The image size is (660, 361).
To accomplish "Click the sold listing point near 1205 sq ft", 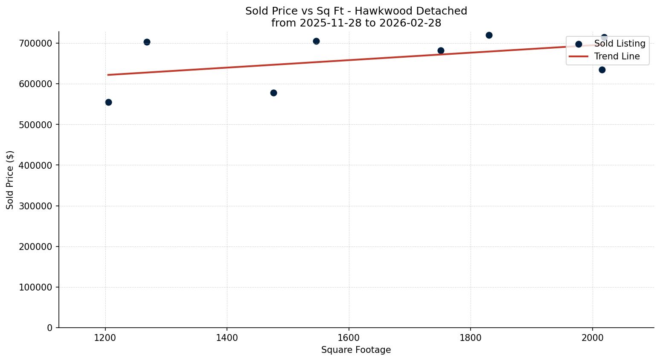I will pyautogui.click(x=108, y=102).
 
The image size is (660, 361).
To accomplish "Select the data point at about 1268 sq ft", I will pyautogui.click(x=147, y=42).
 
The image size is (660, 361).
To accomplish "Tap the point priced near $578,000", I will pyautogui.click(x=273, y=93).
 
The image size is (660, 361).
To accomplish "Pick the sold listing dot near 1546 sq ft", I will pyautogui.click(x=316, y=41).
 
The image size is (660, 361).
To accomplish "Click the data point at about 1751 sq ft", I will pyautogui.click(x=441, y=50).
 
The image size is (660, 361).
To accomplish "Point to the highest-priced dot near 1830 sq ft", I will pyautogui.click(x=489, y=35).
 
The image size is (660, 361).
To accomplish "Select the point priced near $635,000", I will pyautogui.click(x=602, y=70).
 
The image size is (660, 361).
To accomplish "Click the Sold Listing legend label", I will pyautogui.click(x=619, y=44).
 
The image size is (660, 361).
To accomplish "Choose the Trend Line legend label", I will pyautogui.click(x=617, y=56).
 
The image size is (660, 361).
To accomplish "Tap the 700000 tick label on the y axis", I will pyautogui.click(x=36, y=44).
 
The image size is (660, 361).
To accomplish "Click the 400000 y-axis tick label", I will pyautogui.click(x=36, y=165).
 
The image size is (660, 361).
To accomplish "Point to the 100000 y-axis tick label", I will pyautogui.click(x=36, y=288).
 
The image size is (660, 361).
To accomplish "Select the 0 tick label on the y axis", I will pyautogui.click(x=50, y=328).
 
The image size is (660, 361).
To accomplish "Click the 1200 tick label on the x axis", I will pyautogui.click(x=105, y=338).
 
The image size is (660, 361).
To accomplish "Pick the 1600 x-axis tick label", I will pyautogui.click(x=349, y=338).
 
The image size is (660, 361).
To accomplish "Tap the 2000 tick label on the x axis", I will pyautogui.click(x=592, y=338).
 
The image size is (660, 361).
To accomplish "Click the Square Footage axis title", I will pyautogui.click(x=356, y=350).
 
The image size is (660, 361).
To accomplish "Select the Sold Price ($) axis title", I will pyautogui.click(x=10, y=180).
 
